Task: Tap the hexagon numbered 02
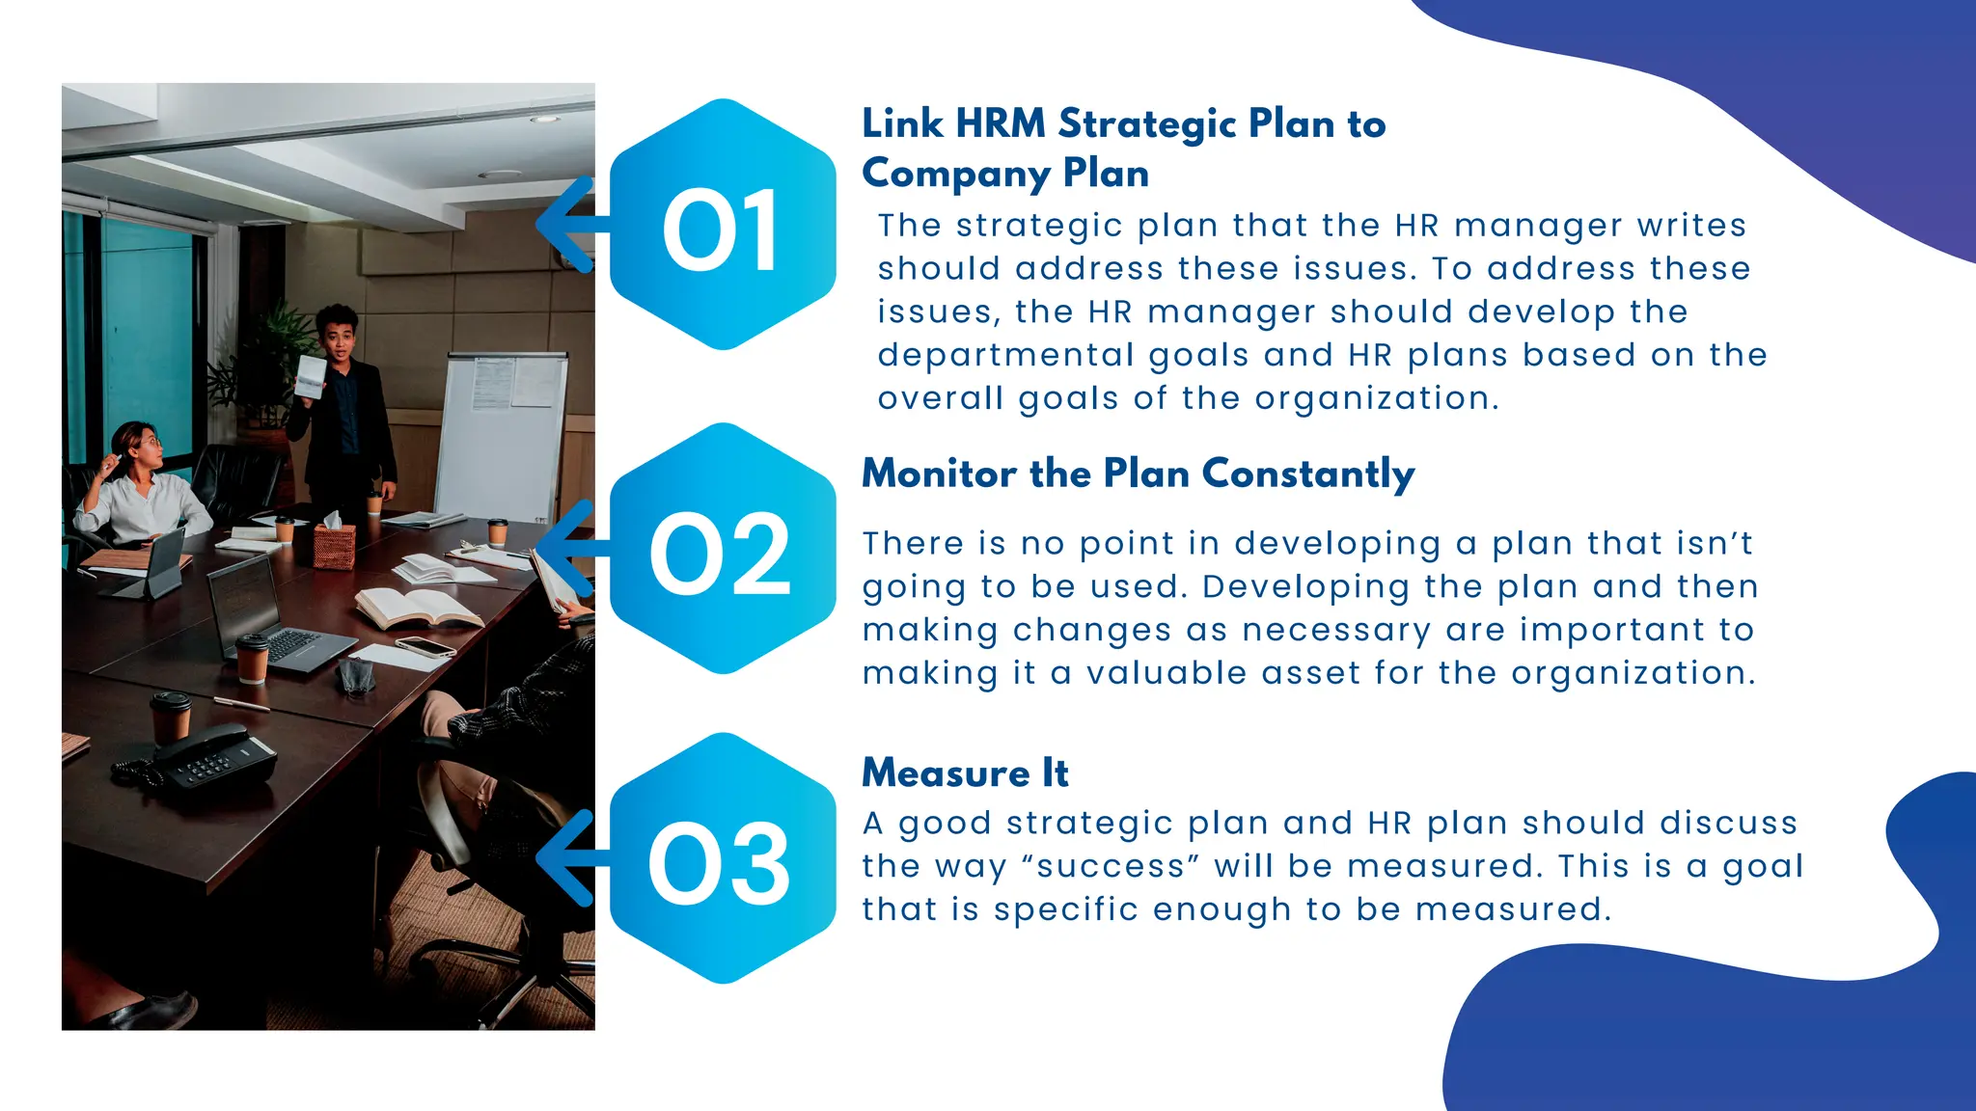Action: (x=723, y=549)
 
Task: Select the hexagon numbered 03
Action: (x=723, y=859)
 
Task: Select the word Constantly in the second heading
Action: (x=1308, y=474)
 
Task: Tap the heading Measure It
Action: (x=965, y=773)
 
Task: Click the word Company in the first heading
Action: (x=955, y=175)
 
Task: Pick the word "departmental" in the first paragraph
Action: (x=1004, y=356)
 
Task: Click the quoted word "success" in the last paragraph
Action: (x=1110, y=866)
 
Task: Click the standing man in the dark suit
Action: (x=343, y=405)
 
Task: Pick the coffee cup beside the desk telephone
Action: (x=172, y=717)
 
